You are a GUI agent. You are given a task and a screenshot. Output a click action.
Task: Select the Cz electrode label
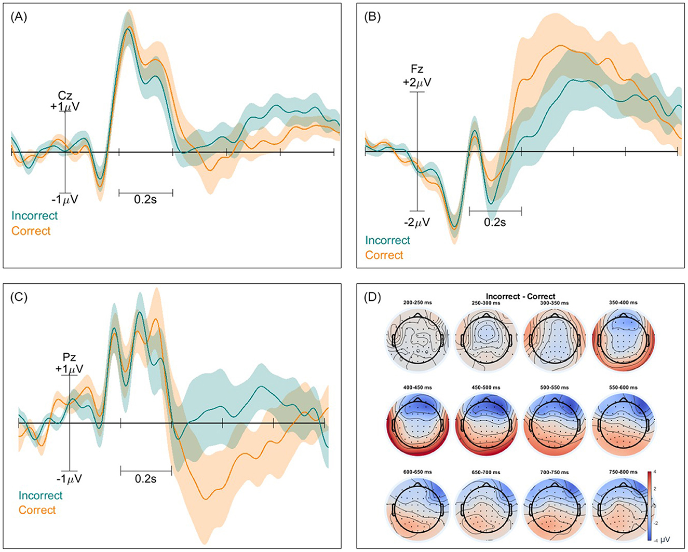pyautogui.click(x=65, y=96)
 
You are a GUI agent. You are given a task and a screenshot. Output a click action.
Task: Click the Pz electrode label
pyautogui.click(x=70, y=357)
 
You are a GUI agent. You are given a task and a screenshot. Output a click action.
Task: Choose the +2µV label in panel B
pyautogui.click(x=417, y=82)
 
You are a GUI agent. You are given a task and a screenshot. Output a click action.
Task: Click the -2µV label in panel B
pyautogui.click(x=417, y=222)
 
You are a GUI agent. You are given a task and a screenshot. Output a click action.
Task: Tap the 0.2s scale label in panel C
pyautogui.click(x=145, y=478)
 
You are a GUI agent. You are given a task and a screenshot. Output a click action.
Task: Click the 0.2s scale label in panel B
pyautogui.click(x=495, y=222)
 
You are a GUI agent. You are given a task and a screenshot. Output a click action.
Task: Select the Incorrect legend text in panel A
pyautogui.click(x=35, y=215)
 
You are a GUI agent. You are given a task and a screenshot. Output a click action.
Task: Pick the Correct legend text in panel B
pyautogui.click(x=384, y=255)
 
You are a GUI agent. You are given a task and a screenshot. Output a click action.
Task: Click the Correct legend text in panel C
pyautogui.click(x=37, y=510)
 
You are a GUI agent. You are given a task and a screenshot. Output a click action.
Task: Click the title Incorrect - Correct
pyautogui.click(x=521, y=297)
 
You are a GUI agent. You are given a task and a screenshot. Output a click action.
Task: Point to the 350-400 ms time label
pyautogui.click(x=623, y=303)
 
